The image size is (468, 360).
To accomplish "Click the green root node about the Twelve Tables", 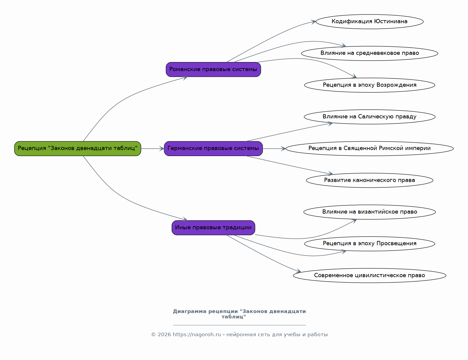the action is (x=77, y=149).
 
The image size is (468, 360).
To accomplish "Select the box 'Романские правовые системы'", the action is (x=213, y=69).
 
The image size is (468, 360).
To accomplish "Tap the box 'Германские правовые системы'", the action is (x=213, y=149).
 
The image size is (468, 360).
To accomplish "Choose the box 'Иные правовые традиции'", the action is (x=213, y=227).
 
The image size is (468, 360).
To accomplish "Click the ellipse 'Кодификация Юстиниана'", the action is (x=369, y=22).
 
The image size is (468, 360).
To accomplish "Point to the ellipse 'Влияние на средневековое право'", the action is (x=369, y=53).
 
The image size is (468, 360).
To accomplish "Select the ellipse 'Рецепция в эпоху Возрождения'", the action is (x=369, y=85).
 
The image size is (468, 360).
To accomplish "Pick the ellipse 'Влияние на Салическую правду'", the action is (x=369, y=117).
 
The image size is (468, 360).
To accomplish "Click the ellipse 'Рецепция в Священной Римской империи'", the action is (x=369, y=149).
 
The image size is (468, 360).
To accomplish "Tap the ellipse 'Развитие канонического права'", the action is (x=369, y=180).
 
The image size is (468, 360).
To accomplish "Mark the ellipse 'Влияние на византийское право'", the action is (x=369, y=212).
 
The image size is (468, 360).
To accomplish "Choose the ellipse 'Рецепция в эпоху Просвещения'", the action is (x=369, y=244).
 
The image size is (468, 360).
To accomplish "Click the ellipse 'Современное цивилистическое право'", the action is (x=369, y=275).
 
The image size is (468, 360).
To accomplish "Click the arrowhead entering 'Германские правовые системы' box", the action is (x=162, y=149).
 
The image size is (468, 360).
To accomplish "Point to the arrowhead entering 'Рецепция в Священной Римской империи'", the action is (x=283, y=149).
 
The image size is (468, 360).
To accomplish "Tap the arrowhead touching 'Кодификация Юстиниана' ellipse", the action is (x=314, y=22).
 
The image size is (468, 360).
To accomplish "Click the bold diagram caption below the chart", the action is (x=239, y=314).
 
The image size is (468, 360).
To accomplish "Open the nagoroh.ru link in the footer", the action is (x=197, y=335).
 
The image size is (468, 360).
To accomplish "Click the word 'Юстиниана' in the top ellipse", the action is (x=391, y=21).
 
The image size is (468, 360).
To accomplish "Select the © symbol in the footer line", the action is (x=153, y=335).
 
